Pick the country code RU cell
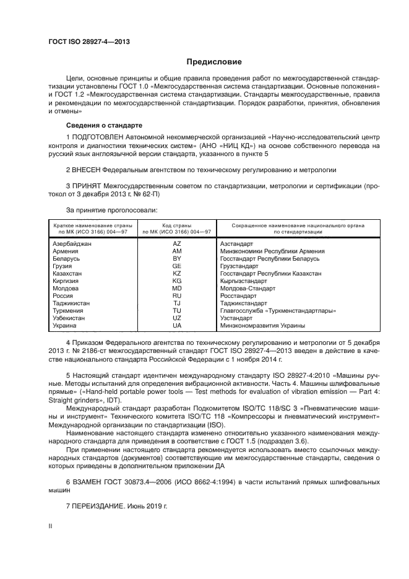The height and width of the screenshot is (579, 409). (x=177, y=296)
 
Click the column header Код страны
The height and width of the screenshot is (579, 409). (x=177, y=226)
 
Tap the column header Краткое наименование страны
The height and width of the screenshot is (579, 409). (x=91, y=226)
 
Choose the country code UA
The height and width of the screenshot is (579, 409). (x=177, y=325)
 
